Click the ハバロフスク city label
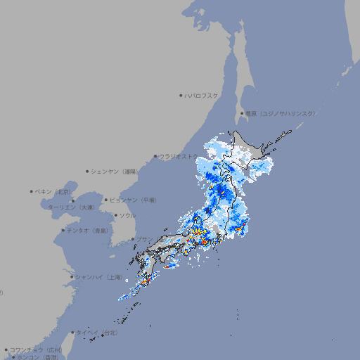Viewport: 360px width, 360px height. tap(201, 95)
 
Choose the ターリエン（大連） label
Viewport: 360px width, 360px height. tap(71, 207)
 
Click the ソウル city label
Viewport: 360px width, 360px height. tap(127, 215)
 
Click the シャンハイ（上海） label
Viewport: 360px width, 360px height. tap(98, 277)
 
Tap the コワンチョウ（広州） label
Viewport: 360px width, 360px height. tap(36, 349)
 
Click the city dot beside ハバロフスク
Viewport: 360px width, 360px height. tap(181, 95)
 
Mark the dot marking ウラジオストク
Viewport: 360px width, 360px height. tap(155, 156)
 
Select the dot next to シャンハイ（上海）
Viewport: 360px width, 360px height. tap(72, 277)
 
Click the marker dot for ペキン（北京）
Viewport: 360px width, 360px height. tap(32, 191)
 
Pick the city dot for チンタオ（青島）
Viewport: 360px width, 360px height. tap(63, 230)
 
